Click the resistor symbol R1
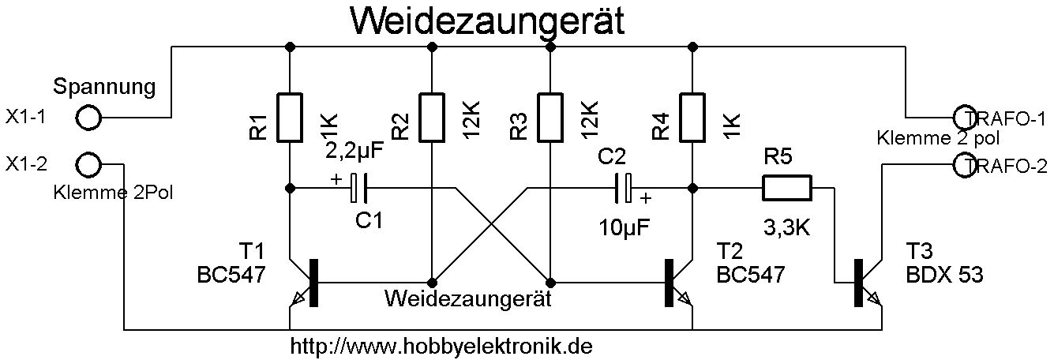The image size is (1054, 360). click(290, 118)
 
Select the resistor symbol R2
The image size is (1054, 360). click(432, 118)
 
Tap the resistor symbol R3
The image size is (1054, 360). click(550, 118)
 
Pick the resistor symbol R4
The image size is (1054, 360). click(692, 118)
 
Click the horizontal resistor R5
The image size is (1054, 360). click(786, 188)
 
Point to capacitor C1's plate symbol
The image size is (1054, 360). click(359, 188)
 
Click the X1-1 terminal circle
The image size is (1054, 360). click(89, 118)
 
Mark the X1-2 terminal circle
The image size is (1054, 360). click(89, 166)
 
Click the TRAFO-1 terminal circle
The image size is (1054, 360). click(966, 118)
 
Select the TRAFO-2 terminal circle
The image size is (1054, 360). click(966, 165)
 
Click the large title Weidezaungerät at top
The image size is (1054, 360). click(487, 21)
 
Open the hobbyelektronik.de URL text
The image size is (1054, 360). click(442, 346)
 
